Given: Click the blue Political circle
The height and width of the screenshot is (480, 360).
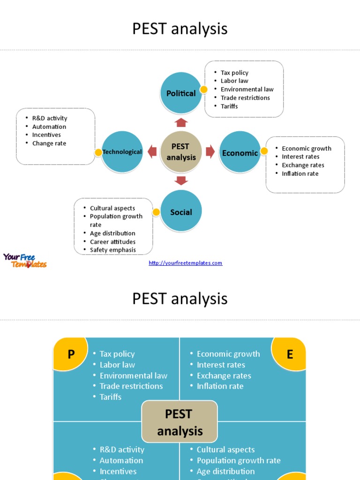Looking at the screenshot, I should pyautogui.click(x=181, y=93).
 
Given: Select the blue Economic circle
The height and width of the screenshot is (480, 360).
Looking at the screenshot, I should pyautogui.click(x=240, y=152).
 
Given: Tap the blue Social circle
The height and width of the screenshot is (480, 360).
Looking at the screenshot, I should pyautogui.click(x=181, y=212).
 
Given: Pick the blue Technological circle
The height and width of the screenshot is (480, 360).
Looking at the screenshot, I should pyautogui.click(x=122, y=152).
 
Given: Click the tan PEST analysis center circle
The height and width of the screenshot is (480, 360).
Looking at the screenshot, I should pyautogui.click(x=181, y=152).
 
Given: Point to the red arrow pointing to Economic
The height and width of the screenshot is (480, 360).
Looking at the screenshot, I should pyautogui.click(x=210, y=151).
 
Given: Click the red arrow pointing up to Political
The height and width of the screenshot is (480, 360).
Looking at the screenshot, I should pyautogui.click(x=181, y=122).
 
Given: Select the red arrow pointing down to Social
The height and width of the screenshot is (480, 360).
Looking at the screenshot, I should pyautogui.click(x=181, y=180).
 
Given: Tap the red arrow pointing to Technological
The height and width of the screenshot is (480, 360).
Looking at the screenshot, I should pyautogui.click(x=152, y=151).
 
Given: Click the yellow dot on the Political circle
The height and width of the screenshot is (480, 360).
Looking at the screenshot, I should pyautogui.click(x=203, y=90).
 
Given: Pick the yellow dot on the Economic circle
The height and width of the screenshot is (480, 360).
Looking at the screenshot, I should pyautogui.click(x=264, y=150).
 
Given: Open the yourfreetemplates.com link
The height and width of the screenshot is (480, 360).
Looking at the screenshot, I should pyautogui.click(x=185, y=263).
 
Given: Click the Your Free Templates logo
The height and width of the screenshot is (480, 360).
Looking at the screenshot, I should pyautogui.click(x=25, y=261).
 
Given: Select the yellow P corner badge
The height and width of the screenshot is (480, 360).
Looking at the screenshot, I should pyautogui.click(x=71, y=354).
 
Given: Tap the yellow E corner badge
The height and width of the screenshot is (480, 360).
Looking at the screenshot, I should pyautogui.click(x=289, y=354).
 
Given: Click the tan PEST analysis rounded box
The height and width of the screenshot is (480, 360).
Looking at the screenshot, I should pyautogui.click(x=180, y=422).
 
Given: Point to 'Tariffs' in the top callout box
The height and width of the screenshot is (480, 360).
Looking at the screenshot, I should pyautogui.click(x=229, y=106).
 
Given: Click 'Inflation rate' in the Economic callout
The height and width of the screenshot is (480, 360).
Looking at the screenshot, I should pyautogui.click(x=300, y=174).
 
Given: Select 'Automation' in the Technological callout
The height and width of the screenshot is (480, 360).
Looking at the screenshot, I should pyautogui.click(x=49, y=127).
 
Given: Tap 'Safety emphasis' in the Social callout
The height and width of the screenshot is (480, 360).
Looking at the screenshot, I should pyautogui.click(x=112, y=250).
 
